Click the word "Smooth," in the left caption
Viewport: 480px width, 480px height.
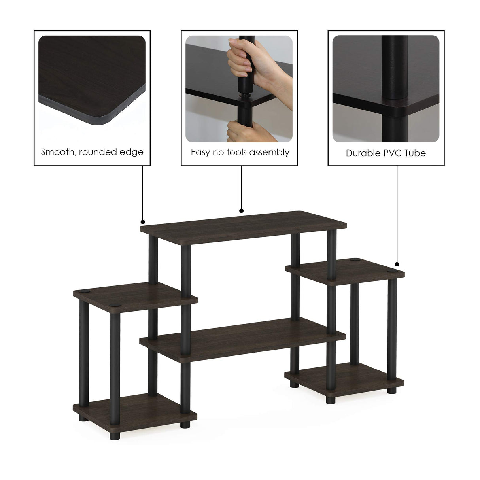[59, 152]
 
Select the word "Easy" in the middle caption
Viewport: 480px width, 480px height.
[200, 153]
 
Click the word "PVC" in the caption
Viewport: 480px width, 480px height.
[394, 153]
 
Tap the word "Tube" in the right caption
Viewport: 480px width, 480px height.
[416, 153]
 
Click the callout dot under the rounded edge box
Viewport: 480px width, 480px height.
[143, 222]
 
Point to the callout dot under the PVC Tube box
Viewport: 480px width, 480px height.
[397, 264]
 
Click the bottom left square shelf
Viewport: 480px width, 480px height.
[134, 407]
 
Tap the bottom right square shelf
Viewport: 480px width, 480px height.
[344, 376]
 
